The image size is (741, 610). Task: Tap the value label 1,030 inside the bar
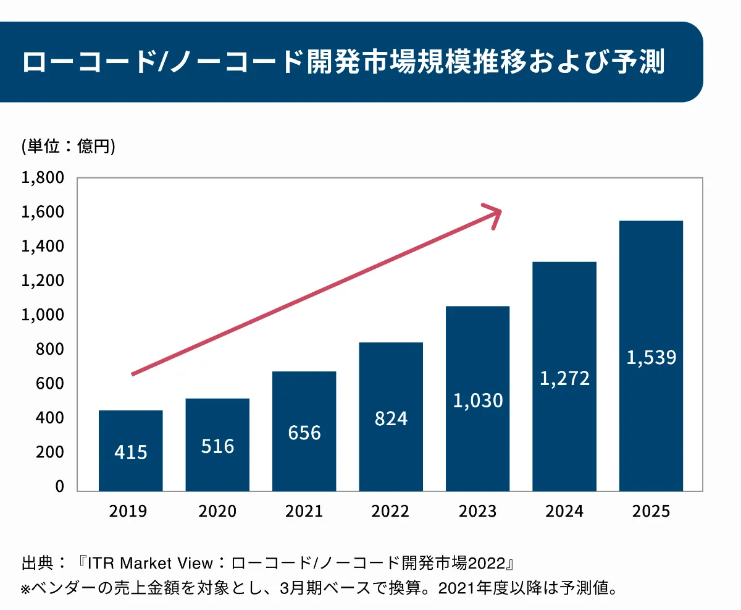tap(478, 400)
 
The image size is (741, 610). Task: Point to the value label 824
tap(391, 418)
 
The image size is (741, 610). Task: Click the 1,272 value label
tap(564, 378)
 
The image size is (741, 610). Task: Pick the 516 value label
tap(217, 446)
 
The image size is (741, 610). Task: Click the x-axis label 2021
tap(304, 512)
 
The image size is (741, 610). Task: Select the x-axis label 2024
tap(564, 512)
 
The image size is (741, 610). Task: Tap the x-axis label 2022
tap(391, 512)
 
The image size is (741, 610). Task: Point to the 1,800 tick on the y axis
tap(43, 178)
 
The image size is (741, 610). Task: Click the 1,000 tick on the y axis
tap(43, 315)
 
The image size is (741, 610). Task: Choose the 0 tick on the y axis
tap(59, 486)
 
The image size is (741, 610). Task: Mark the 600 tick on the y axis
tap(49, 384)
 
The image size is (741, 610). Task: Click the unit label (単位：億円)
tap(69, 146)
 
